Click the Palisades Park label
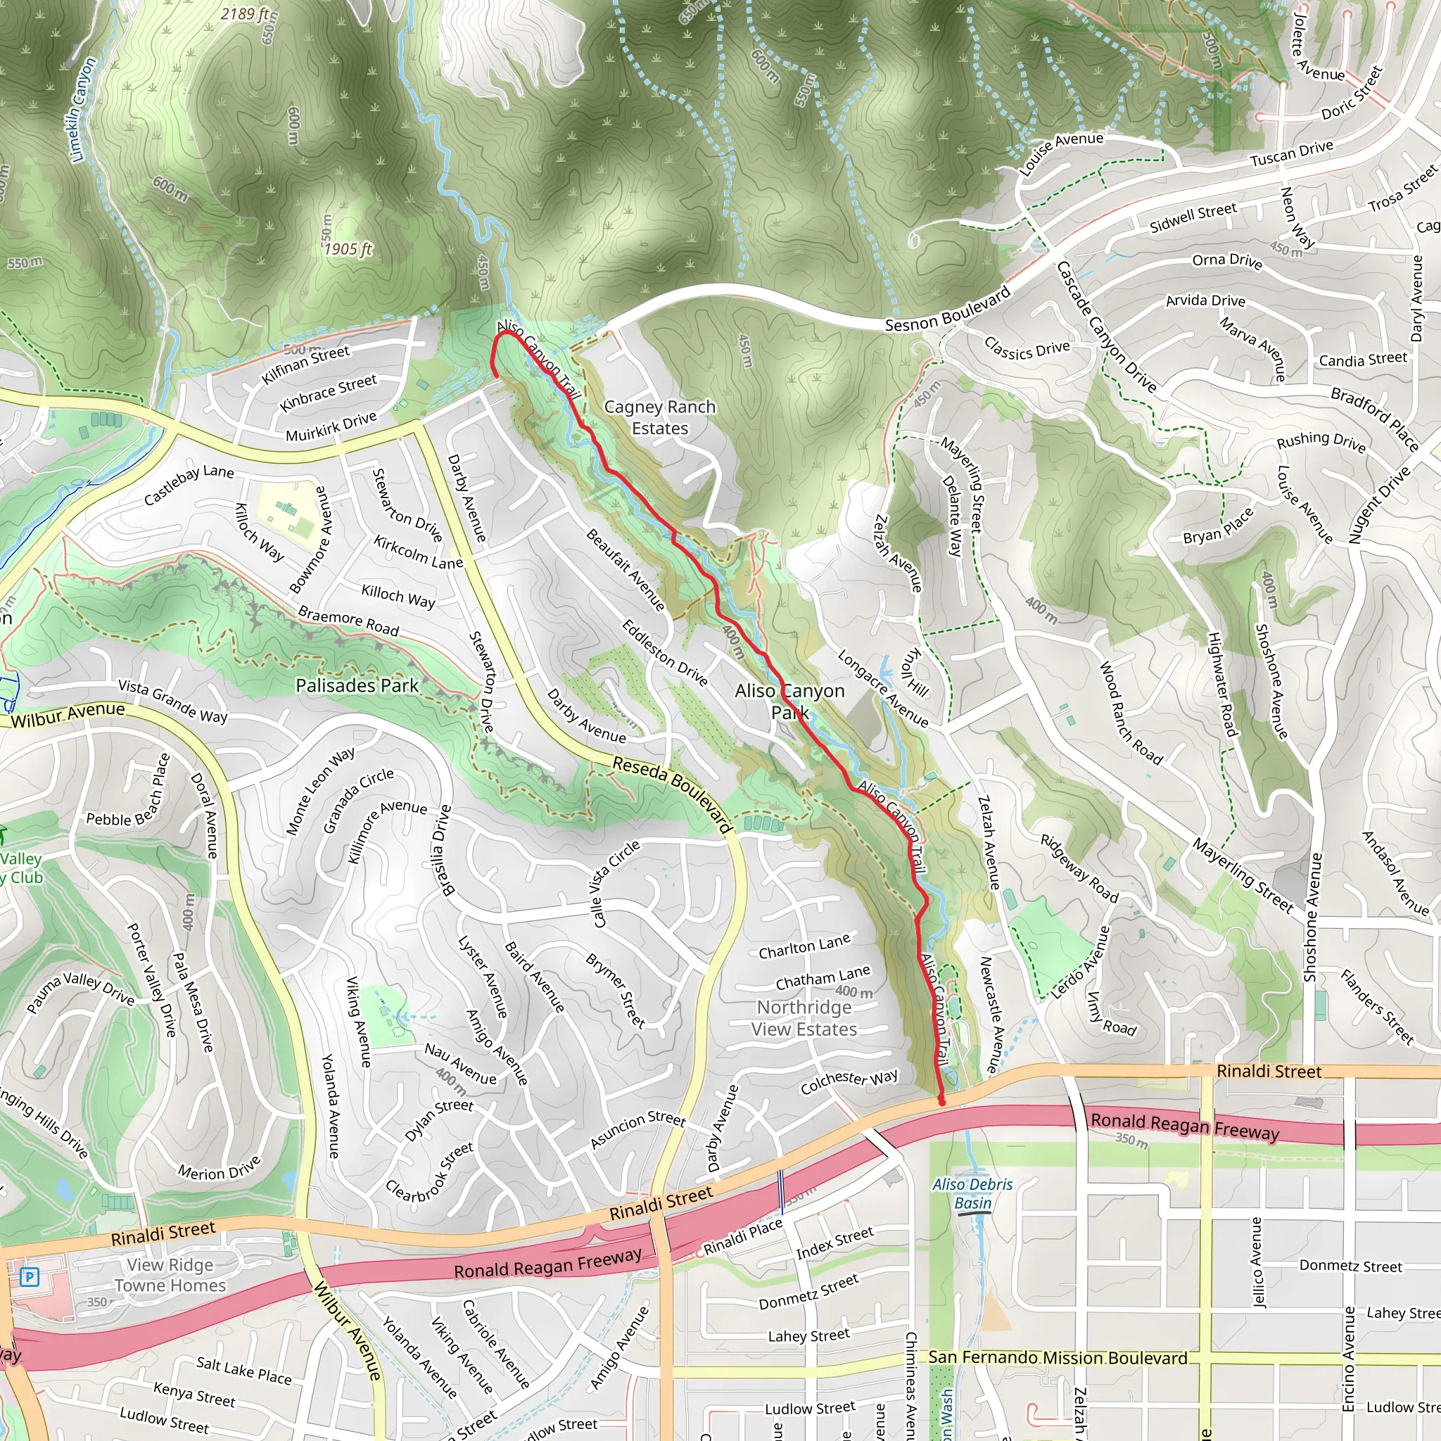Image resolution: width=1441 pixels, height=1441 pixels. pos(357,685)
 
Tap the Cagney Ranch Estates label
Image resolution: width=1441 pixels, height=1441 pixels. pos(659,418)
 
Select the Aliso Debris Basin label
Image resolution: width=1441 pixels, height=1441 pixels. pos(972,1193)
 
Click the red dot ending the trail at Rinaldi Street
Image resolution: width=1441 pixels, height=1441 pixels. pos(941,1102)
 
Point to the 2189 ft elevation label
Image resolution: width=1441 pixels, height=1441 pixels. pos(245,14)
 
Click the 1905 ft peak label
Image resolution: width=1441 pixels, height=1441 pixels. pos(348,249)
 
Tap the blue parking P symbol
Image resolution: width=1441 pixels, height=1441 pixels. pos(28,1278)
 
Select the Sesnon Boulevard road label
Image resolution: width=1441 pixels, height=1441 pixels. pos(947,310)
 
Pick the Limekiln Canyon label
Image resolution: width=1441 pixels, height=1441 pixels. pos(82,110)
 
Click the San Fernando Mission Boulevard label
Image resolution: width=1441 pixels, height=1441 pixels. pos(1057,1357)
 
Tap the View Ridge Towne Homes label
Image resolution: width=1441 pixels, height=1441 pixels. pos(170,1275)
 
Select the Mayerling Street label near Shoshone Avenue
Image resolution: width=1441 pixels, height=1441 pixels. pos(1242,875)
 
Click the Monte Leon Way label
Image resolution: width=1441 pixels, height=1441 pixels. pos(321,791)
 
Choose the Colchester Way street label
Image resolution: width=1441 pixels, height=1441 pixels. pos(849,1081)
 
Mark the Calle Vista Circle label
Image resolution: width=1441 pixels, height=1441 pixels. pos(616,883)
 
